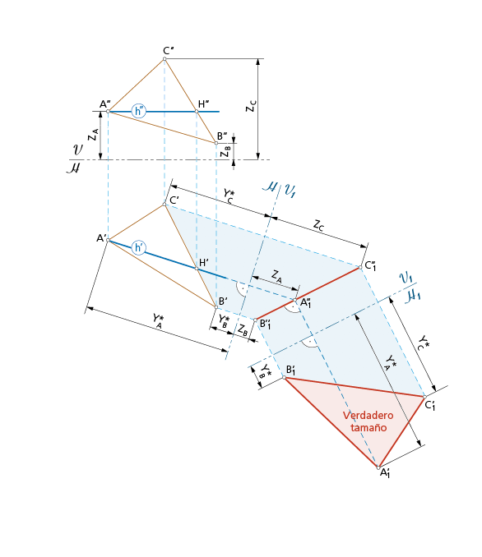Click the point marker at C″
coord(165,59)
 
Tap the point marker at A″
coord(108,112)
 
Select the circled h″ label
coord(138,111)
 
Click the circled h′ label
coord(138,247)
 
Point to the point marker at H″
coord(197,112)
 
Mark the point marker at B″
coord(216,143)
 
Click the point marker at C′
coord(165,205)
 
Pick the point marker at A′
coord(108,240)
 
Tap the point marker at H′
coord(197,268)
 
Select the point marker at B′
coord(216,306)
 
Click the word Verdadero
coord(368,415)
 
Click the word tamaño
coord(368,427)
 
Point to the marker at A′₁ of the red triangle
coord(378,467)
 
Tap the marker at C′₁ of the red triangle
coord(424,397)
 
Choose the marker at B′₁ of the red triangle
coord(285,377)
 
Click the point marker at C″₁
coord(360,267)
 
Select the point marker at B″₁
coord(256,320)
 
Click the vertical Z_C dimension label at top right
coord(251,106)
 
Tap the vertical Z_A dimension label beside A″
coord(93,135)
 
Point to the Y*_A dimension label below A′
coord(158,320)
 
